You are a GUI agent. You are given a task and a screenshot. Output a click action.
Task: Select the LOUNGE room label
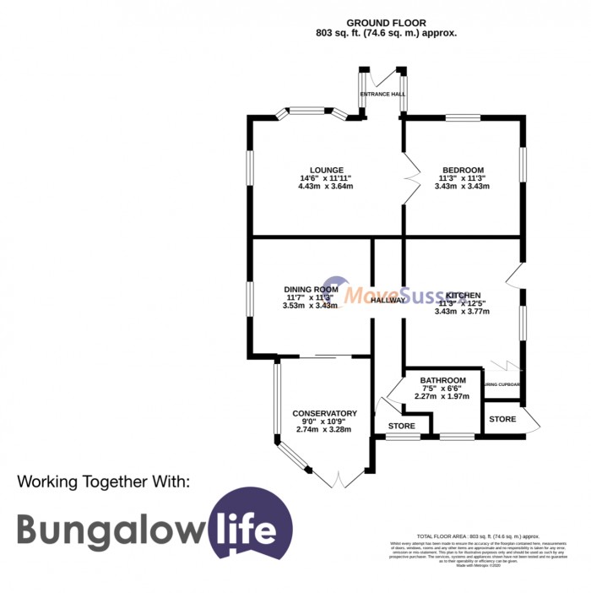click(x=325, y=169)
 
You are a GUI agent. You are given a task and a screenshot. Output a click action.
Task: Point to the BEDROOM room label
click(x=461, y=169)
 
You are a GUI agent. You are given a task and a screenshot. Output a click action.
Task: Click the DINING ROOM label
click(x=311, y=289)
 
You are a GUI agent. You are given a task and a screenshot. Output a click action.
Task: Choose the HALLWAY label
click(x=388, y=300)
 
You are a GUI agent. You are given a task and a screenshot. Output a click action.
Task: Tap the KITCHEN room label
click(x=464, y=295)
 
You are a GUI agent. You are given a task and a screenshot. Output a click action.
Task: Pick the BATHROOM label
click(x=442, y=380)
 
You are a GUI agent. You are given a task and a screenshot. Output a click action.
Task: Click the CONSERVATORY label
click(x=324, y=413)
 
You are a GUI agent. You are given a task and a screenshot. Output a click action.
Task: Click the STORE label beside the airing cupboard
click(x=502, y=419)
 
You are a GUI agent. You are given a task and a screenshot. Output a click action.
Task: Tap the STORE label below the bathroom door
click(x=401, y=425)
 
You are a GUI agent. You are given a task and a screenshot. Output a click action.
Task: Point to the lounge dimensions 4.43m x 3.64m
click(x=325, y=187)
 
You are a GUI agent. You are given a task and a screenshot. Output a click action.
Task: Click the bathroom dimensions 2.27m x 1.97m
click(x=442, y=396)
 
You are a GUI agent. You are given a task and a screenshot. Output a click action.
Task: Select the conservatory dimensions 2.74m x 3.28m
click(x=323, y=430)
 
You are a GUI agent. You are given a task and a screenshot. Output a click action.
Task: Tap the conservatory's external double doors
click(x=339, y=479)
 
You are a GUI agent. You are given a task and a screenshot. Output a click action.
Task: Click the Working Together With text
click(x=105, y=481)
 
